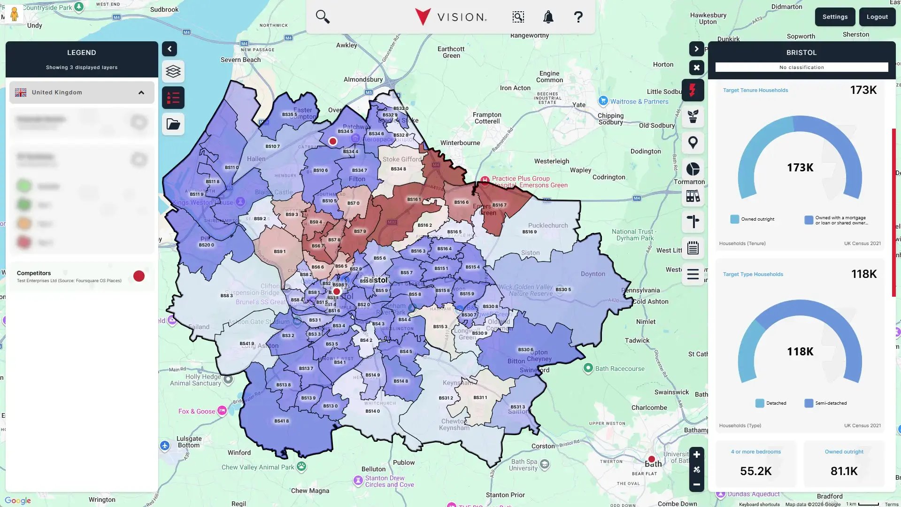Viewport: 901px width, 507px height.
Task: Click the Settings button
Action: tap(835, 17)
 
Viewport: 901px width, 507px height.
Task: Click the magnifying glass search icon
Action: tap(323, 17)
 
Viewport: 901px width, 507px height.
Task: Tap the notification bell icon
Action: tap(548, 17)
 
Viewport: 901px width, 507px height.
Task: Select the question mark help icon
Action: tap(578, 17)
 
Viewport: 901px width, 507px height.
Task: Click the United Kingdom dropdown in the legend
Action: tap(82, 92)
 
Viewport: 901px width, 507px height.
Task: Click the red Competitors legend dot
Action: tap(139, 276)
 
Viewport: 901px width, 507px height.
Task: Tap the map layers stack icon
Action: tap(173, 71)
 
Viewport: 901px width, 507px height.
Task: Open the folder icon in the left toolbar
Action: tap(173, 124)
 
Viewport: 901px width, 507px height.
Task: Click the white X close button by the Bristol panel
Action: tap(696, 68)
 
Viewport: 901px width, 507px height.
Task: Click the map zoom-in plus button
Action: tap(696, 454)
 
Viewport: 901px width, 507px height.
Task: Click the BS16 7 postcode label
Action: tap(499, 205)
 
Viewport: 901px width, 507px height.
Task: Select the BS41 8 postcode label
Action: tap(281, 421)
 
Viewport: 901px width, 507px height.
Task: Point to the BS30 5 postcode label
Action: tap(563, 290)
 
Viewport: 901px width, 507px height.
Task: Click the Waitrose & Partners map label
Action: tap(639, 101)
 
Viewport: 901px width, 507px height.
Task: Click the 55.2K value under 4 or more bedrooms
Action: tap(755, 471)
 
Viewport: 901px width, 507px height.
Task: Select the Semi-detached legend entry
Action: tap(830, 403)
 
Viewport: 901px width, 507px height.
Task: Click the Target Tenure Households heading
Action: tap(755, 90)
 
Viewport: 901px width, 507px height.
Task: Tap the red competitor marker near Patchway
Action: tap(333, 141)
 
